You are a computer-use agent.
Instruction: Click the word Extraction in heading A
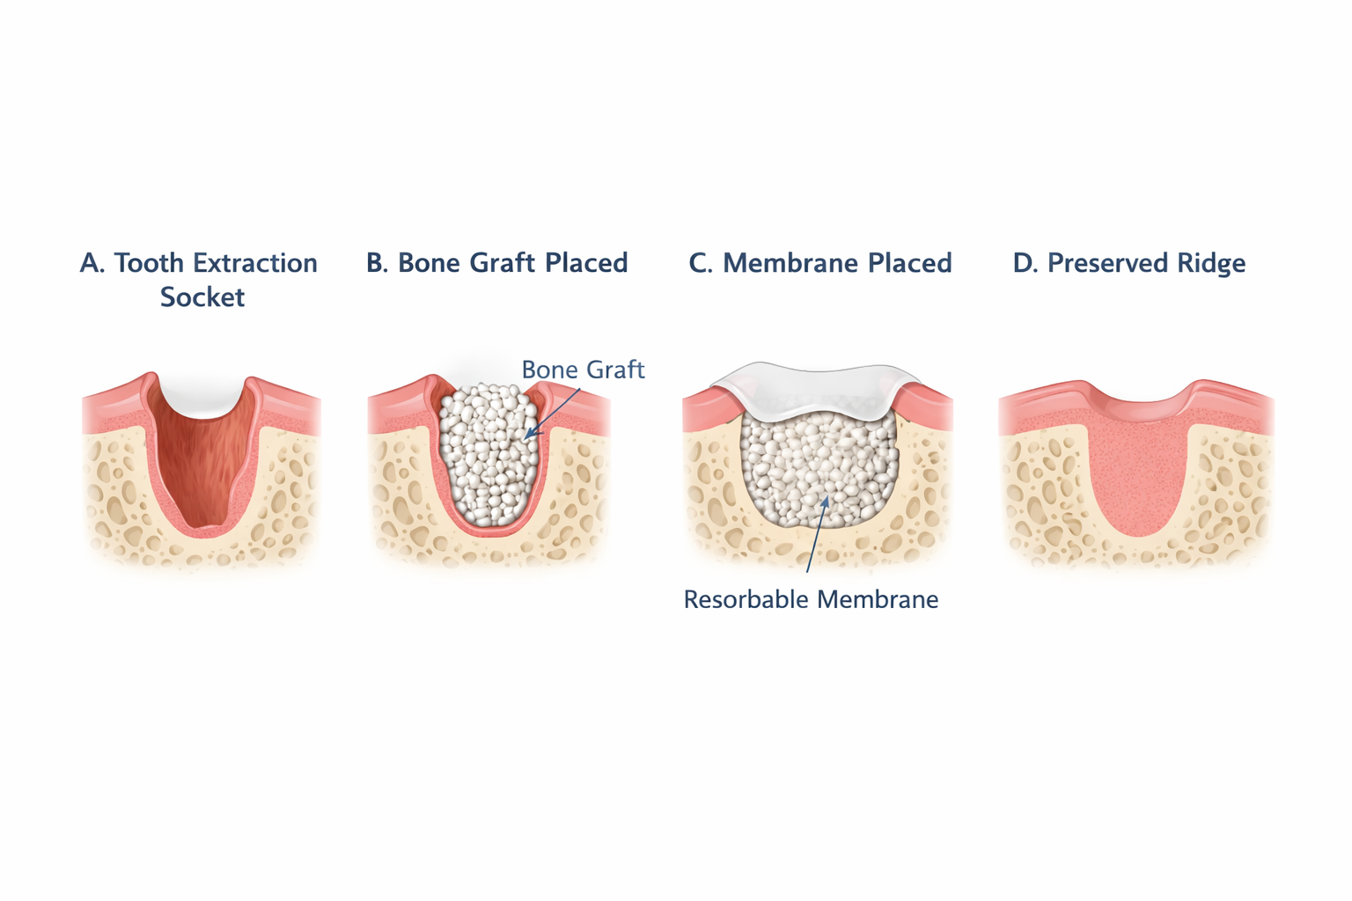coord(254,263)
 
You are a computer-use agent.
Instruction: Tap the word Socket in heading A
coord(202,297)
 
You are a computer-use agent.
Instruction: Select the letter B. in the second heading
coord(378,263)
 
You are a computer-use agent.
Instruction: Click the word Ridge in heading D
coord(1213,263)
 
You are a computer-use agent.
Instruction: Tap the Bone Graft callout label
coord(583,370)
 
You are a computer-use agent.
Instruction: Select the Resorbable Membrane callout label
coord(811,600)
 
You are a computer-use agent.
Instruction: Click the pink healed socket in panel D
coord(1139,475)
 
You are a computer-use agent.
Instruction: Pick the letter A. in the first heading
coord(92,263)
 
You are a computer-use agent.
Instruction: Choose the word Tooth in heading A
coord(149,263)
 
